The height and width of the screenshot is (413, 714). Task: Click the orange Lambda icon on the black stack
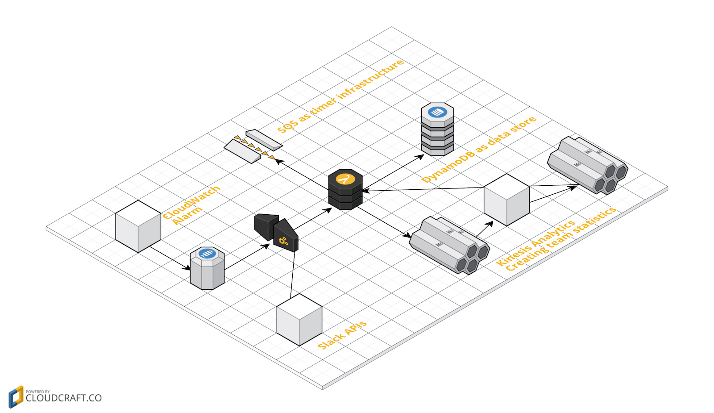[345, 179]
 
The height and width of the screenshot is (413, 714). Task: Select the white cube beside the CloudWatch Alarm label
[138, 226]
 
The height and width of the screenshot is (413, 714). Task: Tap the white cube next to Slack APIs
[299, 319]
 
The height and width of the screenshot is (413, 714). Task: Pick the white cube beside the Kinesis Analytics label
[506, 200]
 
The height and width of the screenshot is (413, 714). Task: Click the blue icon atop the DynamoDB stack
[437, 112]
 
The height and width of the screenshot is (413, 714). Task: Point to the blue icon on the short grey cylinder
[207, 254]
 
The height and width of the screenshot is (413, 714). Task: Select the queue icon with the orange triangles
[253, 146]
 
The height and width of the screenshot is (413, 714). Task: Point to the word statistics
[594, 221]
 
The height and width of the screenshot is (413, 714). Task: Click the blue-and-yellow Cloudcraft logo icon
[16, 396]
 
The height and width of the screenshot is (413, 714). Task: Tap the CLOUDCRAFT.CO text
[63, 398]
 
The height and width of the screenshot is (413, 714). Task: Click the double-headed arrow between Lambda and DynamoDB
[393, 173]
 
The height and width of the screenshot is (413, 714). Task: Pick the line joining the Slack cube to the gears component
[293, 272]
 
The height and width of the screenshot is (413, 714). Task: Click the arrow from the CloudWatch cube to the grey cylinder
[170, 258]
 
